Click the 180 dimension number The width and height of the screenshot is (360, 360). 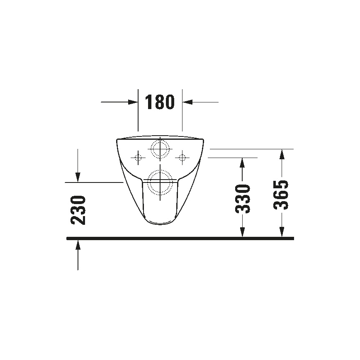click(160, 102)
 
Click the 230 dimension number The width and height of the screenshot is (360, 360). click(78, 210)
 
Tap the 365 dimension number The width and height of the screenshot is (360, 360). click(282, 195)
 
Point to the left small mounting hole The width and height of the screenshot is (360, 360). click(139, 157)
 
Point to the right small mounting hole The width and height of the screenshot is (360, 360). click(182, 157)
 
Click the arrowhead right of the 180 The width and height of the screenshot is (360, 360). click(187, 102)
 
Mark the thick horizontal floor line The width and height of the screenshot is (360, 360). click(180, 238)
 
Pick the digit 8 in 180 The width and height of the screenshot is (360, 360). click(160, 102)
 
